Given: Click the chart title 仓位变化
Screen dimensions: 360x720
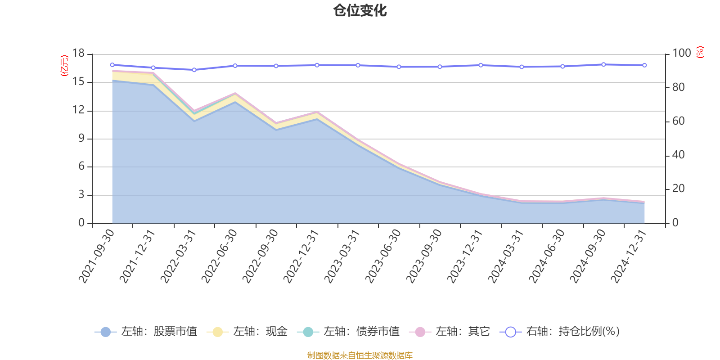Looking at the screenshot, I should (x=360, y=10).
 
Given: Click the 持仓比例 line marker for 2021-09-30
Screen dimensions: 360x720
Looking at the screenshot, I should (x=112, y=65).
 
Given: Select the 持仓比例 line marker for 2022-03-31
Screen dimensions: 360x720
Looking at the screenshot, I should (x=194, y=70).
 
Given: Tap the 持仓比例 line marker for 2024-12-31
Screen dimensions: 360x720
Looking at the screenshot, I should (x=644, y=65).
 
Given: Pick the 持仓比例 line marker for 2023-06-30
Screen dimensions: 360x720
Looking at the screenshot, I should (x=399, y=67).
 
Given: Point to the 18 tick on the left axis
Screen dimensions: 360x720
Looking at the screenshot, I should (x=79, y=54).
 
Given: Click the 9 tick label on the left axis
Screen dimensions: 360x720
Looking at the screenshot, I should (x=81, y=139).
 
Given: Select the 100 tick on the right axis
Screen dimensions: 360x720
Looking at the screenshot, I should (x=681, y=54).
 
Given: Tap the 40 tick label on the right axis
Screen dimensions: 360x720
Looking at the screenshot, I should (x=679, y=155).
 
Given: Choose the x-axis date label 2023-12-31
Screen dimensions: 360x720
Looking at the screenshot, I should (x=465, y=256).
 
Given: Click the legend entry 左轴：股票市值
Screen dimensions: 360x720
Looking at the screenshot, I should (x=146, y=332).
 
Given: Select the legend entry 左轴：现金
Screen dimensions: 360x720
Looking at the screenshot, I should (x=247, y=332).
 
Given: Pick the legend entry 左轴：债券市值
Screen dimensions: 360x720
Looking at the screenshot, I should (x=348, y=332).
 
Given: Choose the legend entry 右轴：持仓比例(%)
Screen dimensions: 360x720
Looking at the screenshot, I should (x=560, y=332).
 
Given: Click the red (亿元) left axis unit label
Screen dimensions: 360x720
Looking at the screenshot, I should (x=64, y=66).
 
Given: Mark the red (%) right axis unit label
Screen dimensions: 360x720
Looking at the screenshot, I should (x=700, y=52).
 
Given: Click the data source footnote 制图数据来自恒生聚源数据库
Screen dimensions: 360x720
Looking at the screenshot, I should (x=360, y=355).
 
